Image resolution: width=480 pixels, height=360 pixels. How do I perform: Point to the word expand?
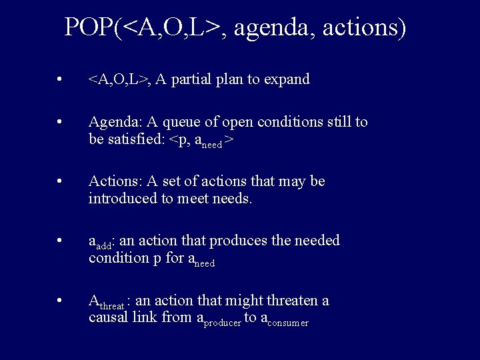pyautogui.click(x=287, y=80)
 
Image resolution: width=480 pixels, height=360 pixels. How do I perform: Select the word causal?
pyautogui.click(x=108, y=317)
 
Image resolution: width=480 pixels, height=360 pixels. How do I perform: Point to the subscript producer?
pyautogui.click(x=222, y=323)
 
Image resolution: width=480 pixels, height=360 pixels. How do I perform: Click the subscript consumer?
pyautogui.click(x=287, y=323)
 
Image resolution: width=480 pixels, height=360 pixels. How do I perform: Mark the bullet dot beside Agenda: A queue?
pyautogui.click(x=60, y=123)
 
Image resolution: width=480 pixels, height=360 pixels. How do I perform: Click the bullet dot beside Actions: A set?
pyautogui.click(x=60, y=181)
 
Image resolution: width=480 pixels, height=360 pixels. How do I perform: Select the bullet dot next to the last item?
pyautogui.click(x=60, y=301)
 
